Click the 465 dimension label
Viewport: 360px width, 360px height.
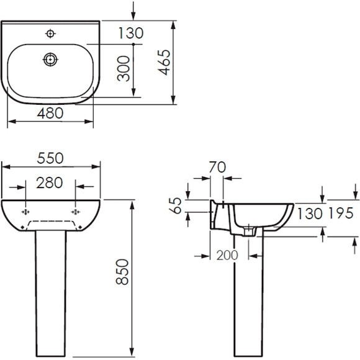tap(165, 63)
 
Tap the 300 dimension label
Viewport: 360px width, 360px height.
tap(124, 69)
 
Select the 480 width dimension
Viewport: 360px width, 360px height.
tap(50, 113)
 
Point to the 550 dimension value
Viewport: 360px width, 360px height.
tap(50, 158)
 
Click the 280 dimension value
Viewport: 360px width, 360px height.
tap(50, 182)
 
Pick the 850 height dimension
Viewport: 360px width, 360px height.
tap(122, 272)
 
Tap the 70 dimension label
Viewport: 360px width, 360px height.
tap(217, 167)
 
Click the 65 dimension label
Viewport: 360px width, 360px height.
tap(175, 205)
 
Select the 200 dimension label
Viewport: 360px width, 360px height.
tap(227, 255)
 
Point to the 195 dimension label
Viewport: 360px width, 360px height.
tap(341, 213)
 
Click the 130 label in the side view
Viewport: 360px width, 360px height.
tap(310, 214)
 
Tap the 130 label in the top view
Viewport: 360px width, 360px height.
tap(131, 33)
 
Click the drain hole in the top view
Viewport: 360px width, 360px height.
tap(50, 60)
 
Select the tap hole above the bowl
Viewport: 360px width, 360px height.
tap(50, 34)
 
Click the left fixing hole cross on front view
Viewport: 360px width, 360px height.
tap(25, 212)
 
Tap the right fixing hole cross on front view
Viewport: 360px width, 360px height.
tap(76, 212)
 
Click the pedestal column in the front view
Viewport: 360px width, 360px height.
tap(51, 294)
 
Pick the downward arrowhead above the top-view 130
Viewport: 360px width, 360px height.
tap(133, 17)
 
